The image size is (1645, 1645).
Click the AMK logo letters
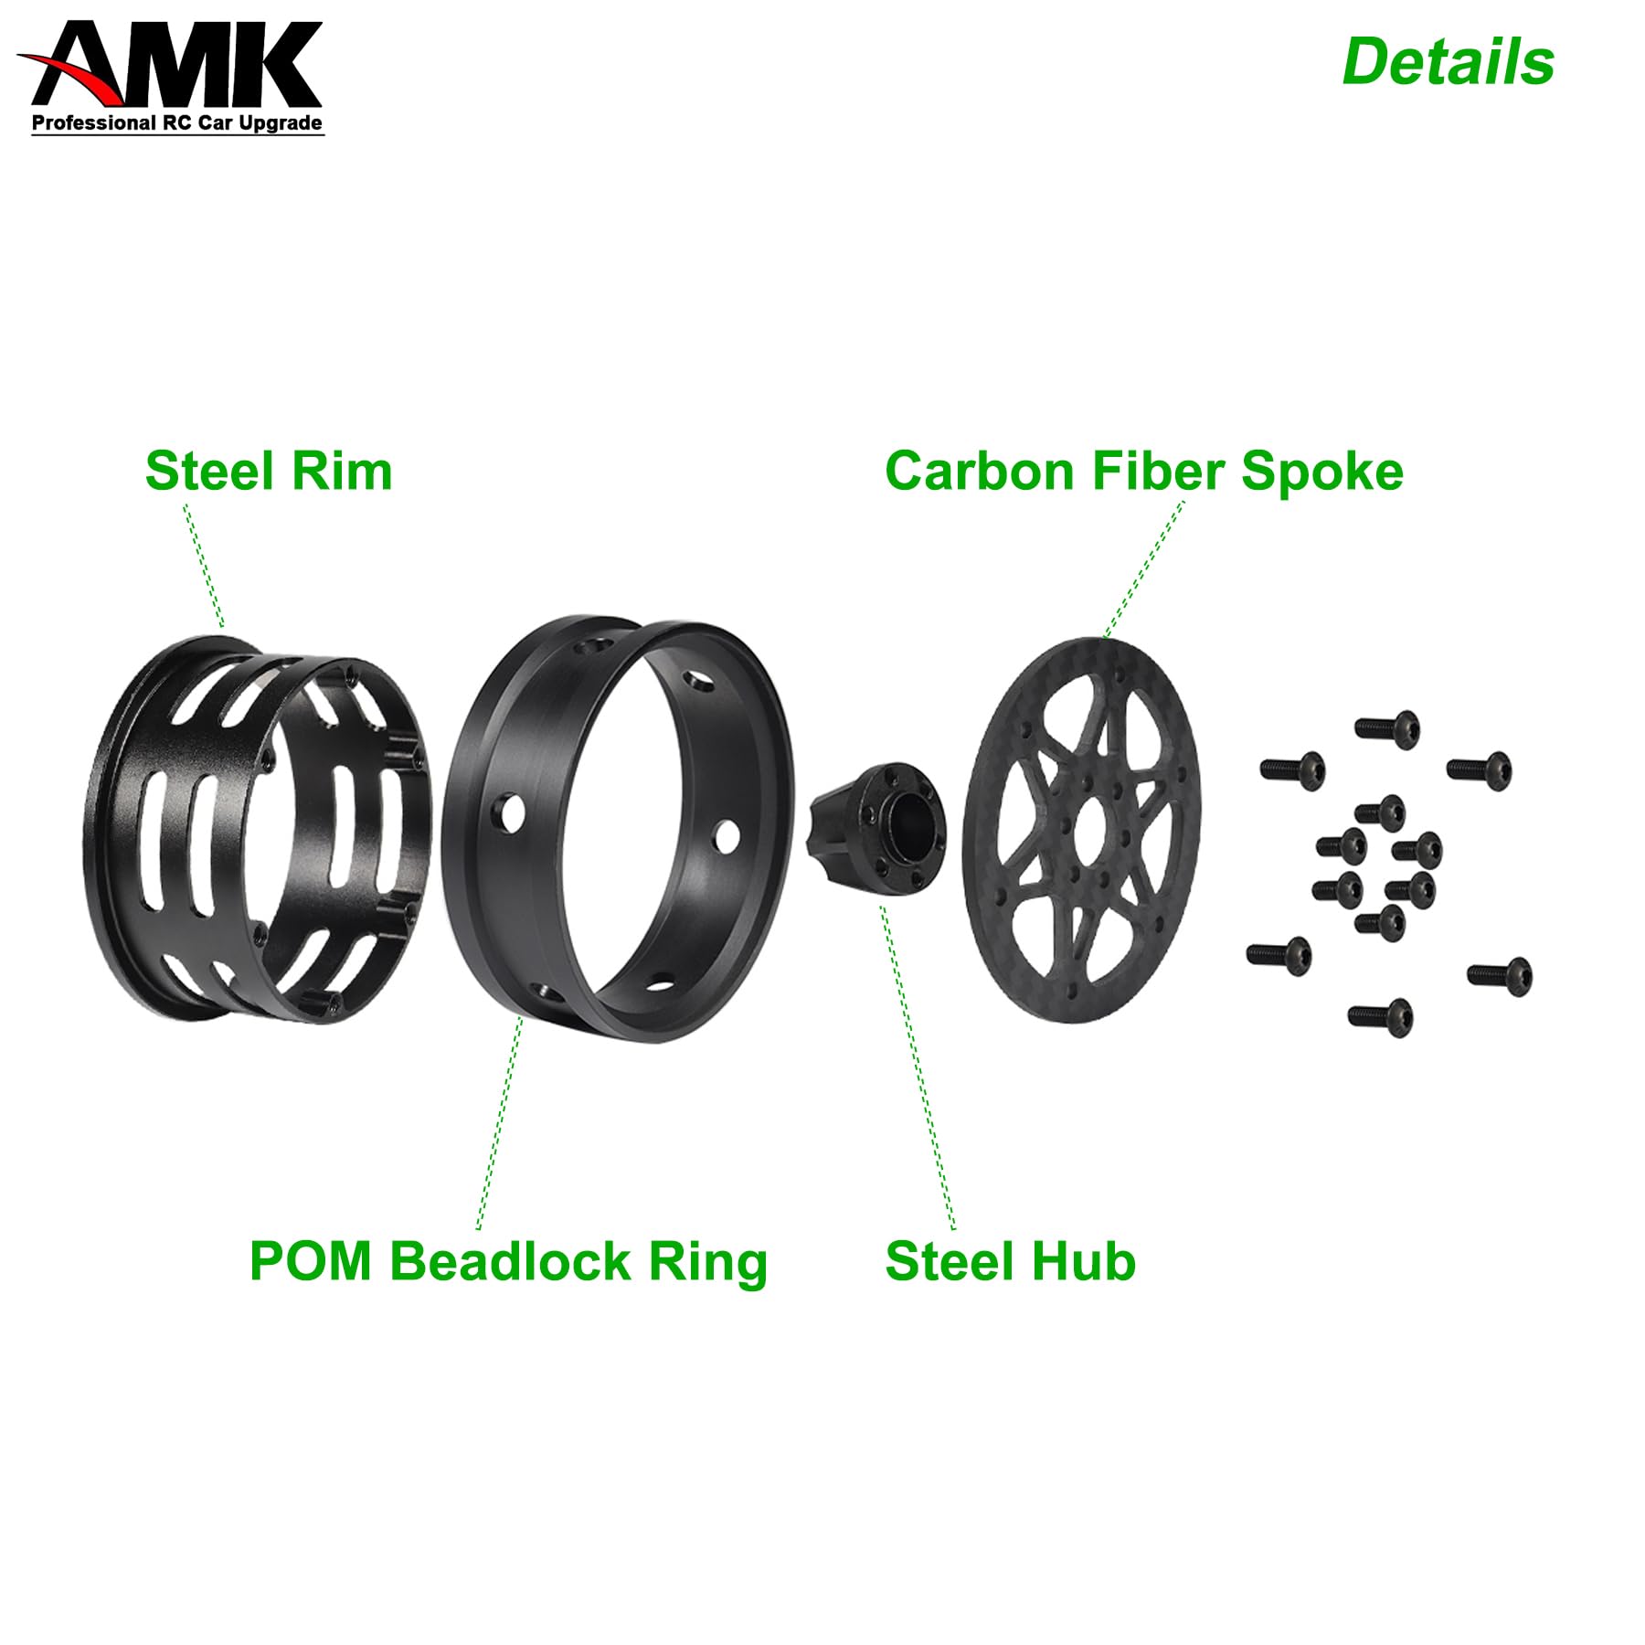(x=178, y=66)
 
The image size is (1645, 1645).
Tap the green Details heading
(x=1448, y=62)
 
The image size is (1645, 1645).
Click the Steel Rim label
(x=269, y=472)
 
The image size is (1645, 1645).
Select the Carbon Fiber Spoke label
(x=1143, y=472)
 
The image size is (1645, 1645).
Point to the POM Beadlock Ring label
(x=508, y=1262)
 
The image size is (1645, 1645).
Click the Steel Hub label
(x=1010, y=1262)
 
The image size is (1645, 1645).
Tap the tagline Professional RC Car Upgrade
(x=177, y=123)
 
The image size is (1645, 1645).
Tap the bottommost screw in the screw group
(x=1380, y=1014)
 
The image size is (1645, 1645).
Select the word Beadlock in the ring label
(x=510, y=1262)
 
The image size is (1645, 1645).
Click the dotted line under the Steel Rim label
(x=204, y=567)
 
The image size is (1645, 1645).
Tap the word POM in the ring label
(x=311, y=1262)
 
